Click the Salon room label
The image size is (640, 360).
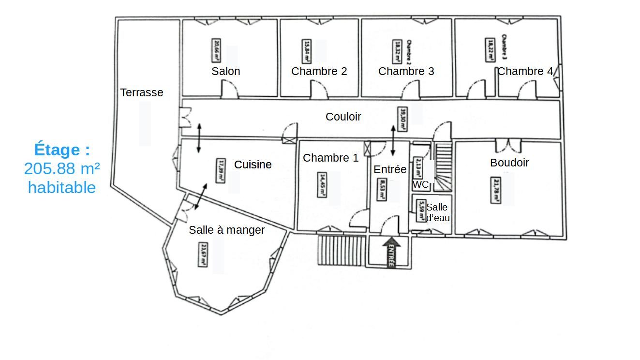225,71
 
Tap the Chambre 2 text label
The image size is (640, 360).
319,71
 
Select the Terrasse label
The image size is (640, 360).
141,92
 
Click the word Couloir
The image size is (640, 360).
343,117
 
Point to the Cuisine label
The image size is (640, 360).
253,165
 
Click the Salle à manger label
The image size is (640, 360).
226,230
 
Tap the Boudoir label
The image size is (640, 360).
509,163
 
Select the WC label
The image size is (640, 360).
420,184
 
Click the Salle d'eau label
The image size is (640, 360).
437,213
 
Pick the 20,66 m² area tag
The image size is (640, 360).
216,50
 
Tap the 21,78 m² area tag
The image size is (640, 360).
495,191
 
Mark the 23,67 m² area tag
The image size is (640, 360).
203,254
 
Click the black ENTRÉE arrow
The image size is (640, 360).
391,252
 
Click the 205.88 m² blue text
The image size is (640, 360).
62,168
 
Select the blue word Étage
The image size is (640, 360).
62,150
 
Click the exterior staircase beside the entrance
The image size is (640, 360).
341,250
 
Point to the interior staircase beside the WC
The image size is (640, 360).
443,166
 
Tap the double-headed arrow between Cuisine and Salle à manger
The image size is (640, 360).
200,196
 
